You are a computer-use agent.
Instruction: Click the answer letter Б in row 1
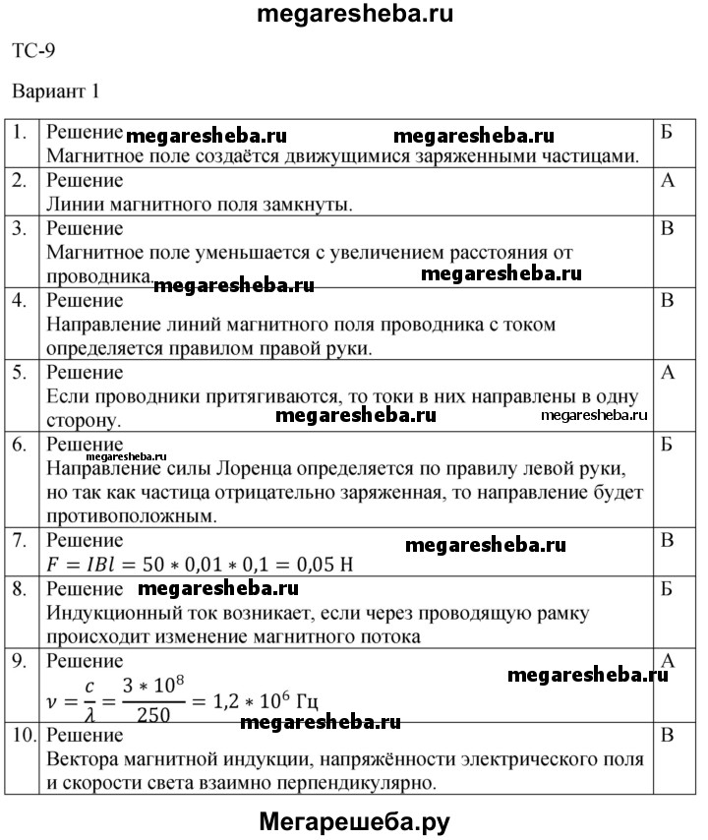(x=666, y=132)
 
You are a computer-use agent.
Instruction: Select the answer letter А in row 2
(x=667, y=181)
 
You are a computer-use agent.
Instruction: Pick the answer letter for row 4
(x=667, y=300)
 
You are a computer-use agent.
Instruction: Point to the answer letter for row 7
(x=667, y=540)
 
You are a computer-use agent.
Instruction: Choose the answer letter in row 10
(x=667, y=734)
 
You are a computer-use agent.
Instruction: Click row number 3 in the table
(x=19, y=229)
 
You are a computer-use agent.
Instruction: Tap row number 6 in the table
(x=19, y=445)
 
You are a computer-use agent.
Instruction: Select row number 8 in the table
(x=19, y=589)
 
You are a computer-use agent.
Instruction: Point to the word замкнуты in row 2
(x=307, y=205)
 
